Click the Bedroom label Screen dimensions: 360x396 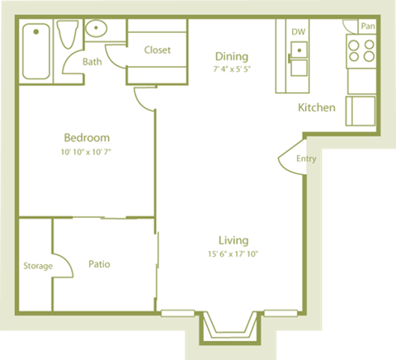[87, 138]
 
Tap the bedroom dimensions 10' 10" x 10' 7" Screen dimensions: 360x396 [87, 152]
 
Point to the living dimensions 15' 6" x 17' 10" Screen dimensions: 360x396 [233, 254]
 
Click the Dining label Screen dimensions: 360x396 [232, 56]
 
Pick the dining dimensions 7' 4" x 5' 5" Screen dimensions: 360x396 [232, 69]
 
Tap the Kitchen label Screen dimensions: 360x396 [316, 107]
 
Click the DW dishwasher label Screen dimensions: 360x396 [298, 32]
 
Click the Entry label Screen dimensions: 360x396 [306, 159]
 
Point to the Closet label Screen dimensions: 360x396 [158, 50]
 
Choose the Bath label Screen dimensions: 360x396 [92, 62]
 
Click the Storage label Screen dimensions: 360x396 [37, 266]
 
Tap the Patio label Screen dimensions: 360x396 [99, 264]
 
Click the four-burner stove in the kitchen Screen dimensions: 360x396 [360, 51]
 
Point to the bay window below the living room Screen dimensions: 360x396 [231, 328]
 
